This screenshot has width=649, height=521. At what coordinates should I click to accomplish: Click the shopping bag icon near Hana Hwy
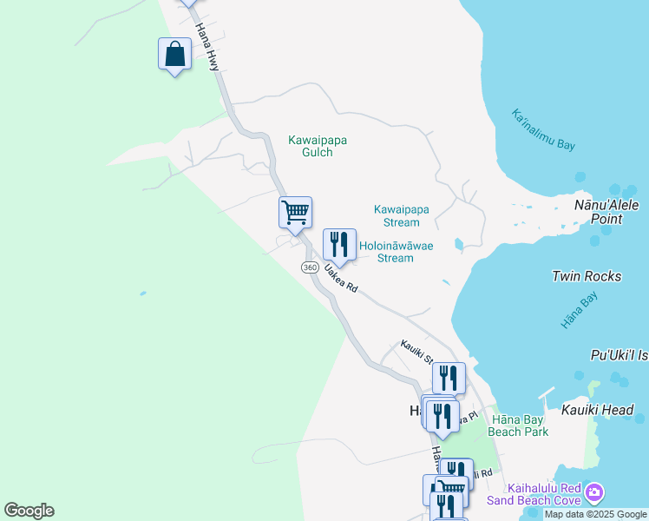point(174,55)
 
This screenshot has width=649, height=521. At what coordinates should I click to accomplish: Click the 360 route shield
point(310,267)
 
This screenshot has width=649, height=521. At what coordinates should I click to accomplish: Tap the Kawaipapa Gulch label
point(311,146)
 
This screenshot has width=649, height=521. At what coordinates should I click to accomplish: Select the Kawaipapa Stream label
point(402,215)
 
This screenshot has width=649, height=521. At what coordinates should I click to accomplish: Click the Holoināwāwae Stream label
point(397,252)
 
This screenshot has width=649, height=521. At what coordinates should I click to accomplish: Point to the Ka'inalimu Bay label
point(543,130)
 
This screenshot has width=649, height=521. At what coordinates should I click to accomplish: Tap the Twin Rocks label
point(587,276)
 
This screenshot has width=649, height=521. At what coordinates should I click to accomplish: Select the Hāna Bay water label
point(579,310)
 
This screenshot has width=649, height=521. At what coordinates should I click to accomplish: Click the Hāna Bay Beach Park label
point(517,425)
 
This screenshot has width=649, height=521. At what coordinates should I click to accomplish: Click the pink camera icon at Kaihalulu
point(594,492)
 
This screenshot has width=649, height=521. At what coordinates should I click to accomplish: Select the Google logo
point(29,511)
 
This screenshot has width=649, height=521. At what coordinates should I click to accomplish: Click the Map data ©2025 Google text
point(594,515)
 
